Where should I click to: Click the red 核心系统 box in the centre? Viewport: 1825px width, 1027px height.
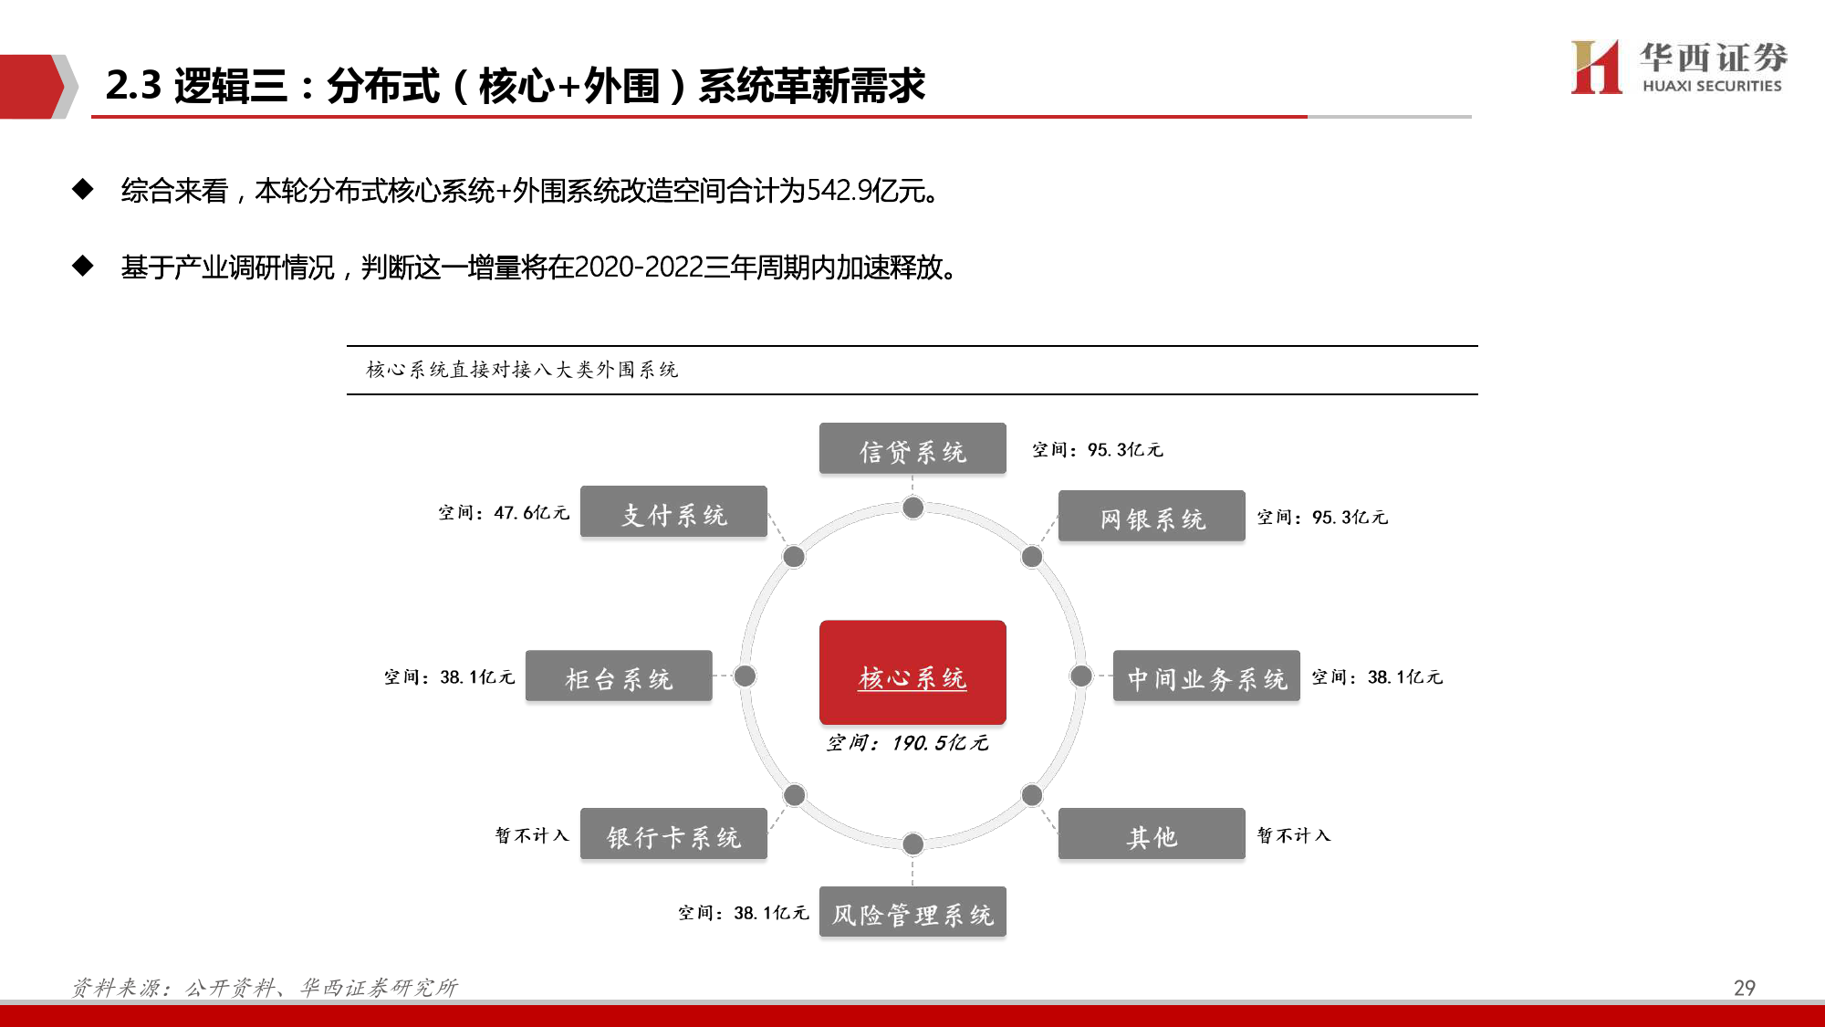coord(912,673)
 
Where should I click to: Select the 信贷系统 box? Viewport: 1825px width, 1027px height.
coord(912,448)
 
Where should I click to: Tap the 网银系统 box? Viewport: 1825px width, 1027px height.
coord(1152,516)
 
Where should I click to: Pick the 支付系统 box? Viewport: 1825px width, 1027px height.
coord(673,511)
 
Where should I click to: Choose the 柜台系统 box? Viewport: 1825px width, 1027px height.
coord(619,676)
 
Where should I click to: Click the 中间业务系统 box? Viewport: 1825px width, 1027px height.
coord(1206,676)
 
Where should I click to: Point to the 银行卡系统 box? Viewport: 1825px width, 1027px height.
coord(673,833)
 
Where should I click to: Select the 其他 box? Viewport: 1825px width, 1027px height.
coord(1152,833)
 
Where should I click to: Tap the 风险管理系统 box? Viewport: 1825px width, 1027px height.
coord(912,912)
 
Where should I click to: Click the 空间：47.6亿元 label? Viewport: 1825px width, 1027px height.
coord(504,513)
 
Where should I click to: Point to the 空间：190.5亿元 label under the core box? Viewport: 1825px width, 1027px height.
coord(907,743)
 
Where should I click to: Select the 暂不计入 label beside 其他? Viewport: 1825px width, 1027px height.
coord(1294,835)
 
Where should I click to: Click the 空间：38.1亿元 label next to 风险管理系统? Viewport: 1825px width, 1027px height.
coord(743,913)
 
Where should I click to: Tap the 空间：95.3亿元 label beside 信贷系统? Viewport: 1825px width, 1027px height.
coord(1098,450)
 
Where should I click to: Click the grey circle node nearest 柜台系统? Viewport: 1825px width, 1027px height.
coord(746,676)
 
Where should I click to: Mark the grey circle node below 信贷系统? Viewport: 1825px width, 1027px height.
coord(912,508)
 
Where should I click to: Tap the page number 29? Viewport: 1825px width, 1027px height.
coord(1744,988)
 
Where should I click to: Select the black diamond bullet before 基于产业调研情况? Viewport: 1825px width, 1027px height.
coord(83,266)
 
